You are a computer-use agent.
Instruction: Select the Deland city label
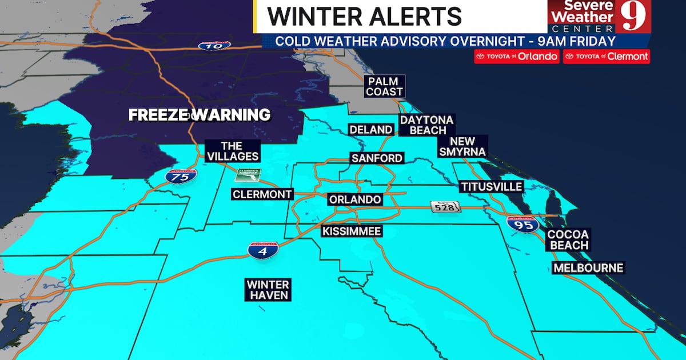pyautogui.click(x=370, y=130)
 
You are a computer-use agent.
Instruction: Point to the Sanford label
pyautogui.click(x=377, y=158)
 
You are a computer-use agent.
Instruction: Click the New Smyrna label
pyautogui.click(x=463, y=146)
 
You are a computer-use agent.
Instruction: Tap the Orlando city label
pyautogui.click(x=354, y=200)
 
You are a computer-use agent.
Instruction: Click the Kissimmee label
pyautogui.click(x=352, y=231)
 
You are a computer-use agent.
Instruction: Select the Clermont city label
pyautogui.click(x=262, y=194)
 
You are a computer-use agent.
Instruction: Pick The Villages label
pyautogui.click(x=233, y=151)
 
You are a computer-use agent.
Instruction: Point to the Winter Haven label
pyautogui.click(x=268, y=290)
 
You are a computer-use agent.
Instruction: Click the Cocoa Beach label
pyautogui.click(x=568, y=240)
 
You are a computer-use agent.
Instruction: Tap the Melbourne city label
pyautogui.click(x=588, y=268)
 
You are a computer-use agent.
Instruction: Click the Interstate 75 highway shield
pyautogui.click(x=181, y=177)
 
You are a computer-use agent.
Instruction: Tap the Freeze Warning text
pyautogui.click(x=199, y=115)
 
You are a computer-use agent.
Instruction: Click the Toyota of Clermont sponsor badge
pyautogui.click(x=607, y=57)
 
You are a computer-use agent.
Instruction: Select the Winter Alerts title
pyautogui.click(x=364, y=17)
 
